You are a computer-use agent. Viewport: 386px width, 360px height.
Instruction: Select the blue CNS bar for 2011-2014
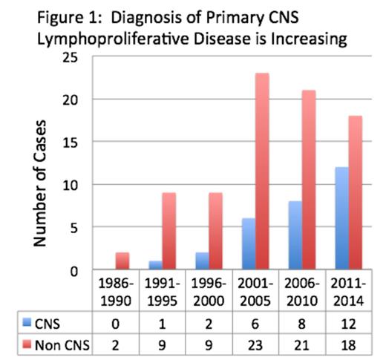pyautogui.click(x=341, y=218)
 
